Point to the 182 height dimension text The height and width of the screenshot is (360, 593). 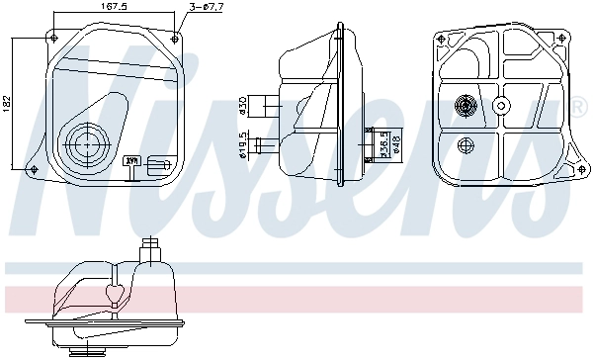[x=8, y=102]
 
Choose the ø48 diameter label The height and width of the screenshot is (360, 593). [x=395, y=143]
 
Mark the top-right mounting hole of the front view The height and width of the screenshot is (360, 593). [x=176, y=37]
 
